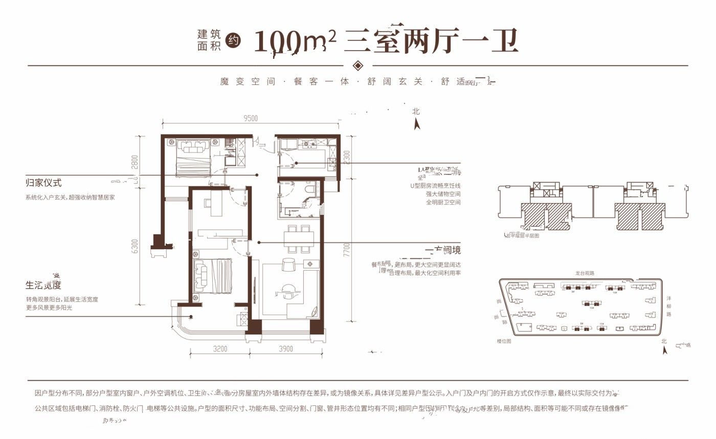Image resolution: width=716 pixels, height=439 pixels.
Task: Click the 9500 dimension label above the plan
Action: [251, 118]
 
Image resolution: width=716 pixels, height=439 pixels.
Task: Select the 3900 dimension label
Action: [286, 349]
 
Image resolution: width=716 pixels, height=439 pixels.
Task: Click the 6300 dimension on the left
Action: [135, 246]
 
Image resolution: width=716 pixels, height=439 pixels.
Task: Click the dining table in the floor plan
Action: [299, 238]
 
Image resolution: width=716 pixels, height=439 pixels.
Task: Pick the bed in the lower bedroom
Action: [212, 277]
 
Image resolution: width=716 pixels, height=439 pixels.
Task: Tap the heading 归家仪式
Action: [43, 183]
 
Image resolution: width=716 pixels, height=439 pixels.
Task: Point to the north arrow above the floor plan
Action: [417, 123]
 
